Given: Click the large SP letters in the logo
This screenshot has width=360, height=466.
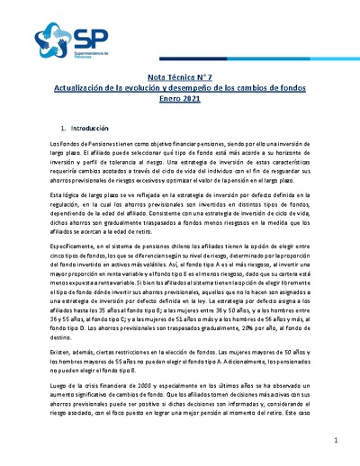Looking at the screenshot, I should tap(85, 38).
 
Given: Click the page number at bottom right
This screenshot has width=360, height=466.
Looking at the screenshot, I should tap(334, 440).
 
